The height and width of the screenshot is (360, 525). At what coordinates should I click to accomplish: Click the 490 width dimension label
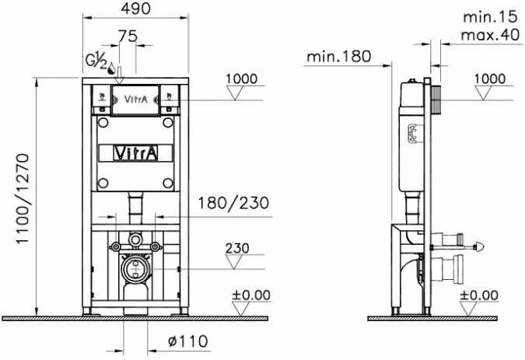tap(136, 9)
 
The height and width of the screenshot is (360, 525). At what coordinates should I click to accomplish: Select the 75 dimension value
tap(128, 36)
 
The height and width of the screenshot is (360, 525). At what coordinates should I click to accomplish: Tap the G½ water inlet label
tap(96, 61)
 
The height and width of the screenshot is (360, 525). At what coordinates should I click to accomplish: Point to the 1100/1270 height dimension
tap(23, 199)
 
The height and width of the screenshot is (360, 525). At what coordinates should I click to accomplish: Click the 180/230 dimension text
tap(233, 203)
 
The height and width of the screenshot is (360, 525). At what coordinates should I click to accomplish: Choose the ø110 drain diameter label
tap(188, 341)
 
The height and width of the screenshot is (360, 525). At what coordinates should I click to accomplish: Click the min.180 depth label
tap(339, 56)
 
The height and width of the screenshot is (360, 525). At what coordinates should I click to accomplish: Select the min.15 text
tap(490, 17)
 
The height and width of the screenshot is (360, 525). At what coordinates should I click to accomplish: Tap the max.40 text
tap(490, 34)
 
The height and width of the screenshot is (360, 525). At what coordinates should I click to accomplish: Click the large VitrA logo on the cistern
tap(135, 153)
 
